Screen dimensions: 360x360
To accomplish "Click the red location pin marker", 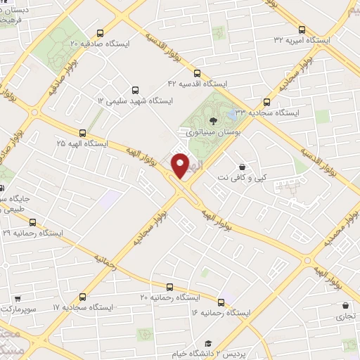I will point(180,166).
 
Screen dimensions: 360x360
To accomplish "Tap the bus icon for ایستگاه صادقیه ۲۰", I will point(100,32).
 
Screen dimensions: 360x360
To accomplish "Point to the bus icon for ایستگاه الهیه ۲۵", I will point(83,131).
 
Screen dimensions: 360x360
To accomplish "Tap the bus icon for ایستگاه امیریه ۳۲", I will point(302,30).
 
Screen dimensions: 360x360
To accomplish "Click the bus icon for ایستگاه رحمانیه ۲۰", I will point(169,286).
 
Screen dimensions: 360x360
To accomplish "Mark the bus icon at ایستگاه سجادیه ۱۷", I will point(83,297).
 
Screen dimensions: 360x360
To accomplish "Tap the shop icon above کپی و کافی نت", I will point(243,167).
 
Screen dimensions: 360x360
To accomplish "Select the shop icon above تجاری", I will point(345,306).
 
